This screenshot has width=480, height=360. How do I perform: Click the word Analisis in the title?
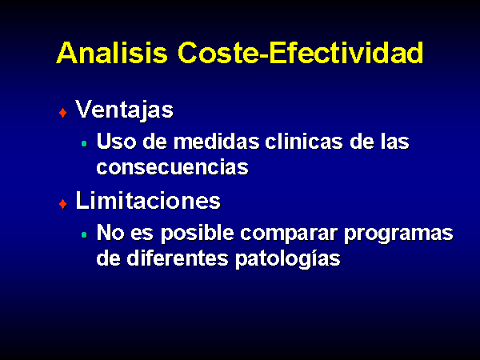[112, 52]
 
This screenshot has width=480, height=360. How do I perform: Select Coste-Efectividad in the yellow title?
[300, 52]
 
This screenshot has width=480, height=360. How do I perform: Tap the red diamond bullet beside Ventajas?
[62, 113]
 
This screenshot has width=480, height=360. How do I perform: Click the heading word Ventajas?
[124, 110]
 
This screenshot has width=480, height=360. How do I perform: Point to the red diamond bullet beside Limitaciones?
[62, 204]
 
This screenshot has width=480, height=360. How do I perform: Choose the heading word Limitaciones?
[148, 201]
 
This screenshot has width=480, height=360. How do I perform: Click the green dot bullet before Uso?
[84, 143]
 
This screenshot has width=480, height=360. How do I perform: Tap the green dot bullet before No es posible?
[84, 234]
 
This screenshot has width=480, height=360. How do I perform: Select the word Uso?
[116, 141]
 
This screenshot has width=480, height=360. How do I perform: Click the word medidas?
[216, 141]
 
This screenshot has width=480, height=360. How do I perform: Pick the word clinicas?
[304, 141]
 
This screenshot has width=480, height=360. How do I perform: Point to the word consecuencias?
[172, 167]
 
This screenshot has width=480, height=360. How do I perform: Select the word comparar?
[289, 234]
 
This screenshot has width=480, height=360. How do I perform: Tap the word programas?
[398, 234]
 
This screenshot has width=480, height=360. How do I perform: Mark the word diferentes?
[178, 258]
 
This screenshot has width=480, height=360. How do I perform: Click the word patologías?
[288, 259]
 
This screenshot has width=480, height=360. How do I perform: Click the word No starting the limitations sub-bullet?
[110, 233]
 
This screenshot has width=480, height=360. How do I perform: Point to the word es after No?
[142, 234]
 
